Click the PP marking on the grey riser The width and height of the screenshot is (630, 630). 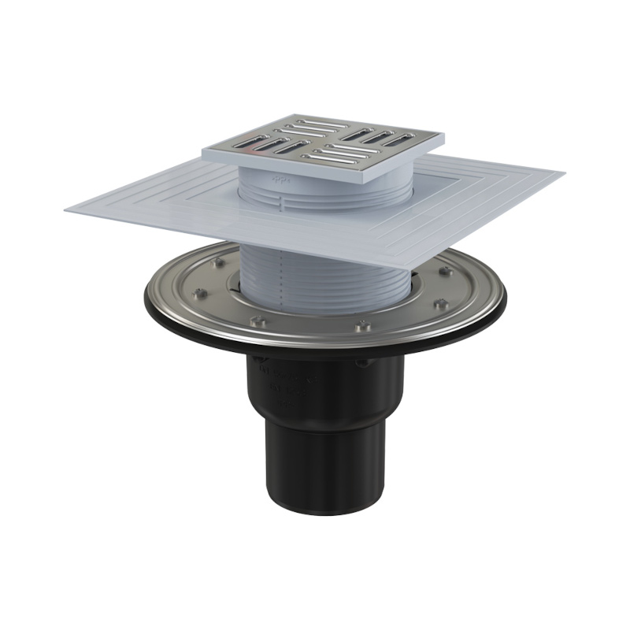point(280,180)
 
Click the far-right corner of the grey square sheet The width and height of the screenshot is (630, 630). point(564,171)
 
